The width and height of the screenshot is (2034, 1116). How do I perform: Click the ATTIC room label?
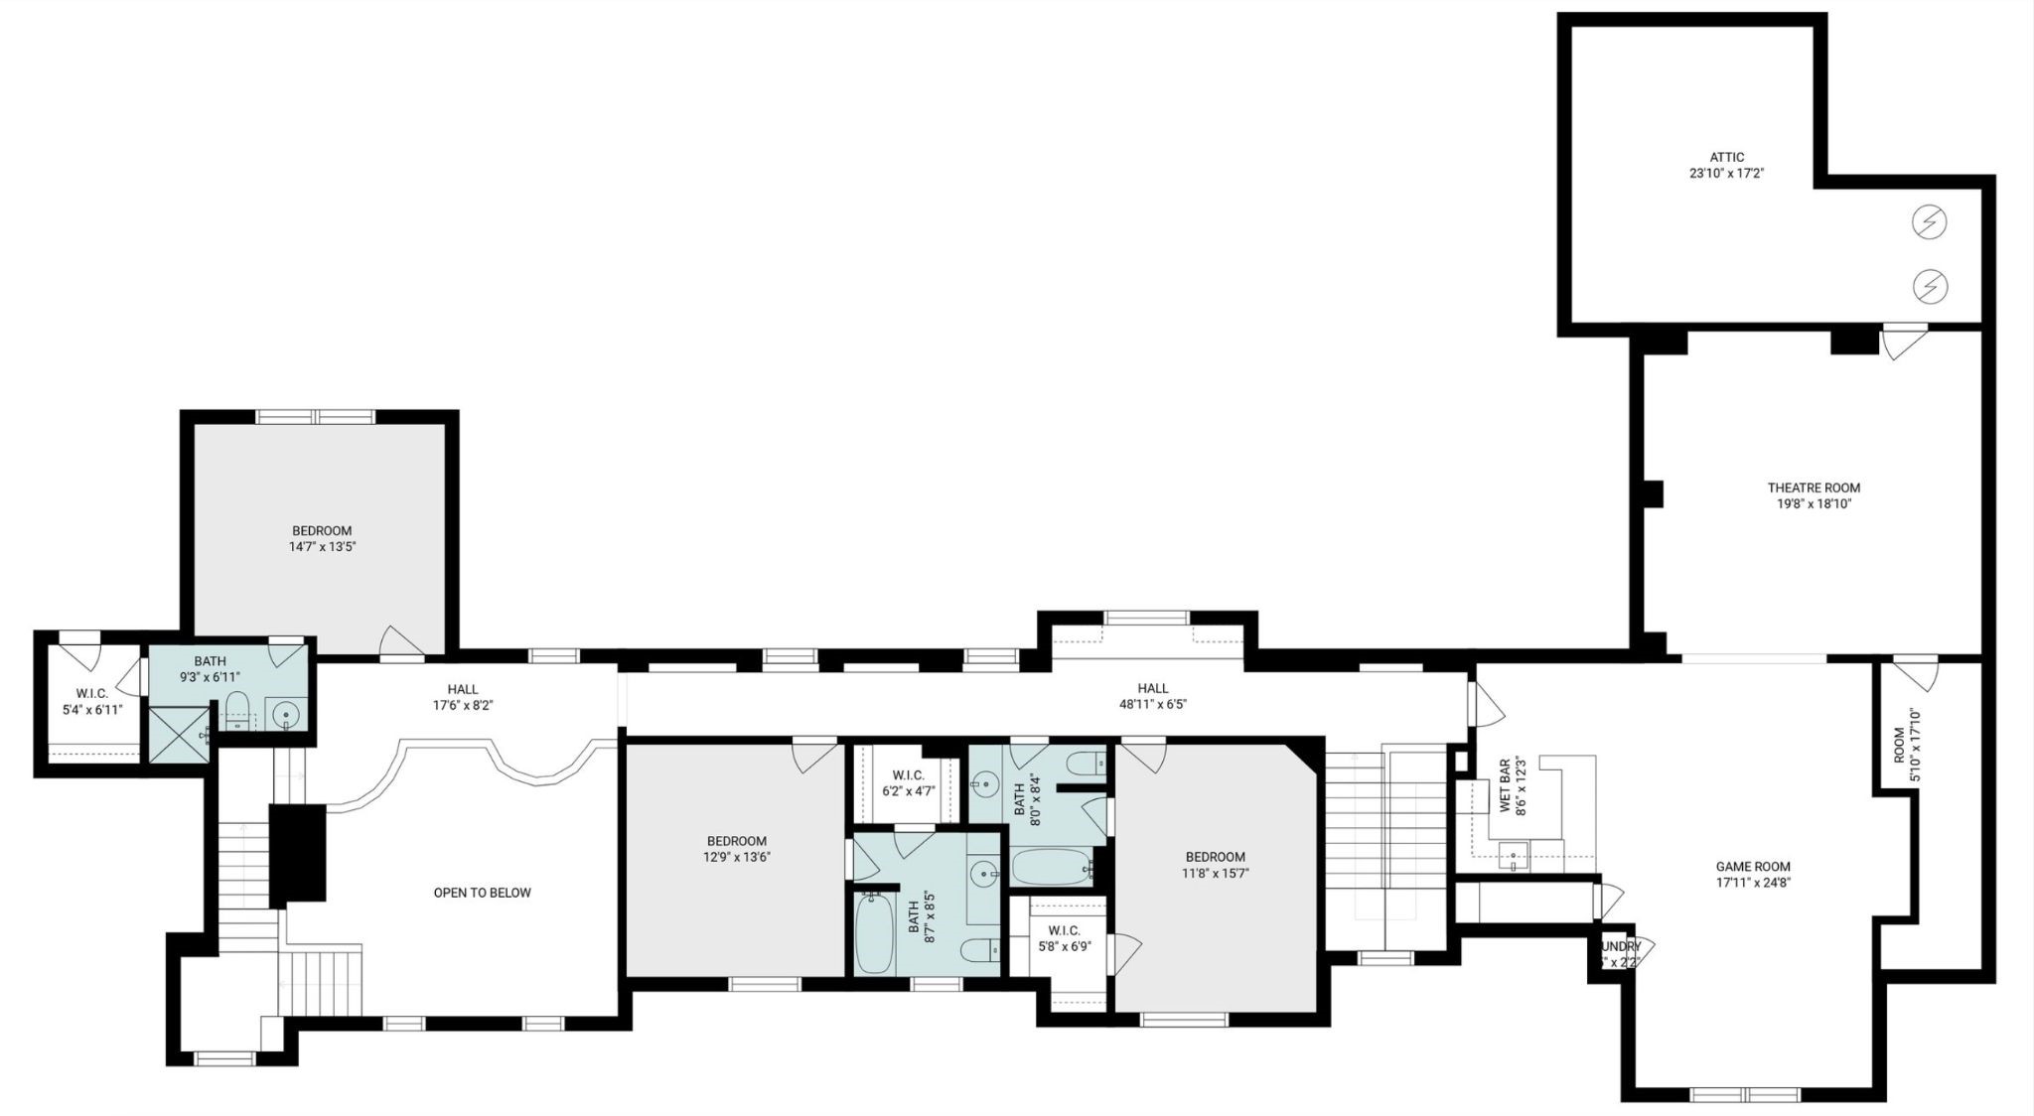click(x=1727, y=157)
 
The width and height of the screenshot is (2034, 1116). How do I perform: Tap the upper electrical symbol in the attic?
click(x=1929, y=222)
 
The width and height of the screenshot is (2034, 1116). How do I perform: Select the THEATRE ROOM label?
click(x=1814, y=488)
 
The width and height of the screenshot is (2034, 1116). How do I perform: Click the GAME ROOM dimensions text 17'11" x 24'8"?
click(x=1753, y=882)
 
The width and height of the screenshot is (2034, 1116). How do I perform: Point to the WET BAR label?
click(x=1506, y=786)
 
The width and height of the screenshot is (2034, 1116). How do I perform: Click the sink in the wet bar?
click(x=1513, y=855)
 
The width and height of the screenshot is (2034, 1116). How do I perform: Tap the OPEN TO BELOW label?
click(x=482, y=893)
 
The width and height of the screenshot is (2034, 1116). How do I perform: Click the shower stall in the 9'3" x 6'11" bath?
click(x=180, y=734)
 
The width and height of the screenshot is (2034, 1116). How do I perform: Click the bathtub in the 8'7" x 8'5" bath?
click(x=875, y=932)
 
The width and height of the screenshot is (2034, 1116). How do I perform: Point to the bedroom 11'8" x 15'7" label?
click(x=1215, y=865)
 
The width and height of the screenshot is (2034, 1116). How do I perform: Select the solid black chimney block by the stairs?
click(x=298, y=853)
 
